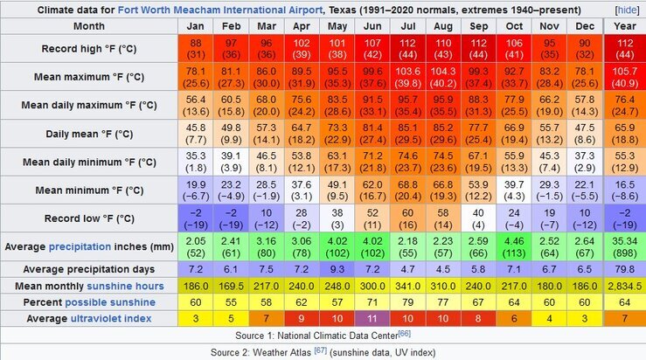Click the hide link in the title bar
click(x=627, y=10)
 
